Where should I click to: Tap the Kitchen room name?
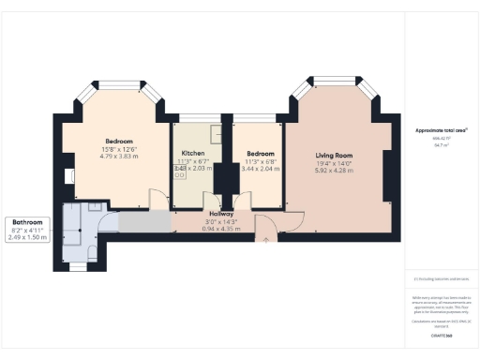(193, 152)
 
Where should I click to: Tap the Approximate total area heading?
(441, 128)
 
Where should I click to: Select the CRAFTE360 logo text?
(441, 335)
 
